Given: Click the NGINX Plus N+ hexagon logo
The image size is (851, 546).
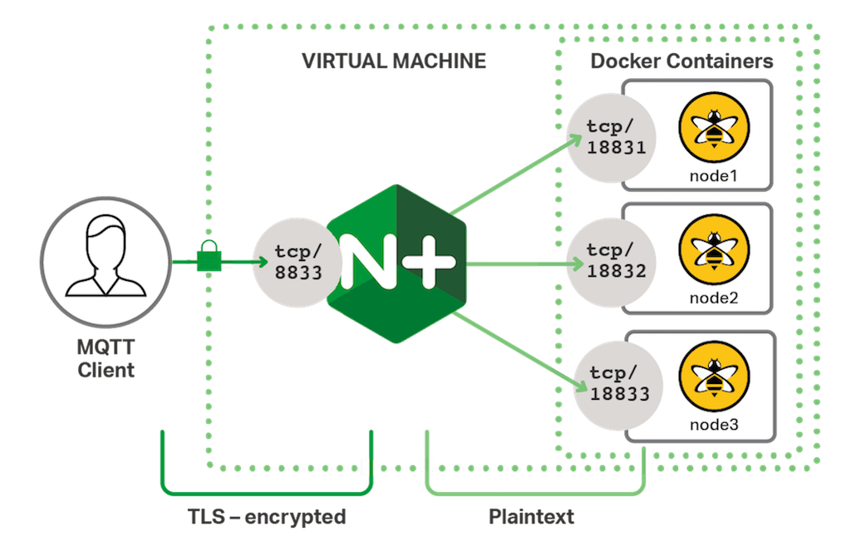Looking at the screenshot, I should pos(397,263).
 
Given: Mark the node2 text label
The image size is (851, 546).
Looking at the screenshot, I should pos(714,297).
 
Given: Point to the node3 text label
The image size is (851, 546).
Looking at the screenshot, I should pos(714,425).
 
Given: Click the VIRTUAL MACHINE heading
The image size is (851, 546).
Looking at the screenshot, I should pos(393,62).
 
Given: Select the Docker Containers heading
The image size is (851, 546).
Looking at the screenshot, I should pos(681,61).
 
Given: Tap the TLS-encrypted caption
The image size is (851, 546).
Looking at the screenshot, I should pos(266,518).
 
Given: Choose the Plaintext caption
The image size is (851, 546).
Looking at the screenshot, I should pos(531,518).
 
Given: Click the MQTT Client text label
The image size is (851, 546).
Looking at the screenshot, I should pos(106,358).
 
